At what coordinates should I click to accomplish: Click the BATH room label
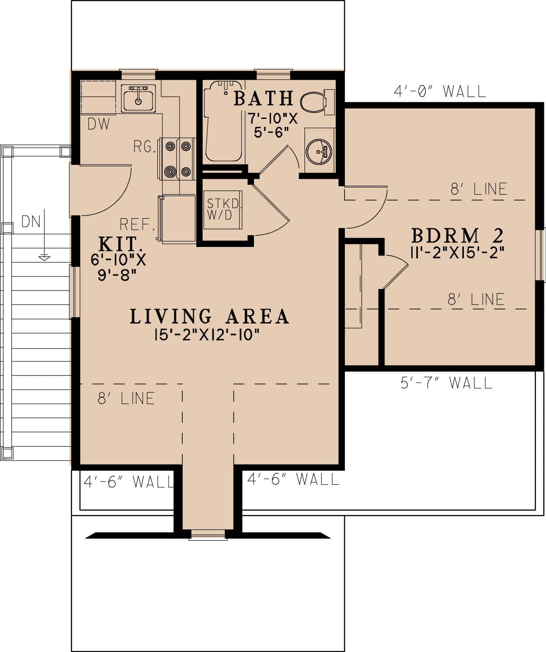(263, 98)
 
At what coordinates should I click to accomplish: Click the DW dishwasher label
(99, 124)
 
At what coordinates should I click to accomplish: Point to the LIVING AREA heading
(209, 316)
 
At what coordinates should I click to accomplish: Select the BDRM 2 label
(457, 236)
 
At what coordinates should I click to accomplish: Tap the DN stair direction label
(31, 221)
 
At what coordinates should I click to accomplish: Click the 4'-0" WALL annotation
(439, 92)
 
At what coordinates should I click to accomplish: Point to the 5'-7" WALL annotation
(446, 383)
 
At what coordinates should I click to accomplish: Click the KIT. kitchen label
(120, 243)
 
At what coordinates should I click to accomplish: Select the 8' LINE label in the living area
(126, 398)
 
